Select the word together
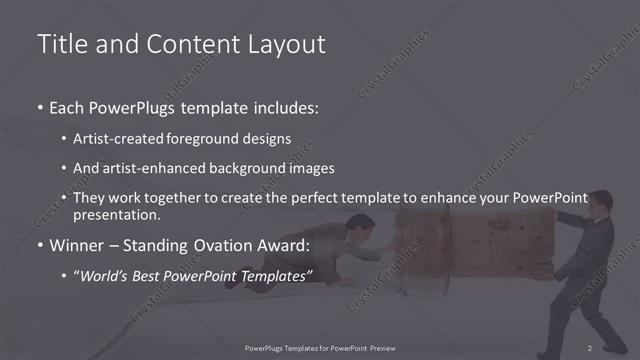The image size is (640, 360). tap(165, 197)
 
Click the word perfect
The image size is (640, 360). tap(309, 197)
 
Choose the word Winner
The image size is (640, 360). tap(77, 246)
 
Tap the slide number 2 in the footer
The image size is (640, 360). tap(590, 347)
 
